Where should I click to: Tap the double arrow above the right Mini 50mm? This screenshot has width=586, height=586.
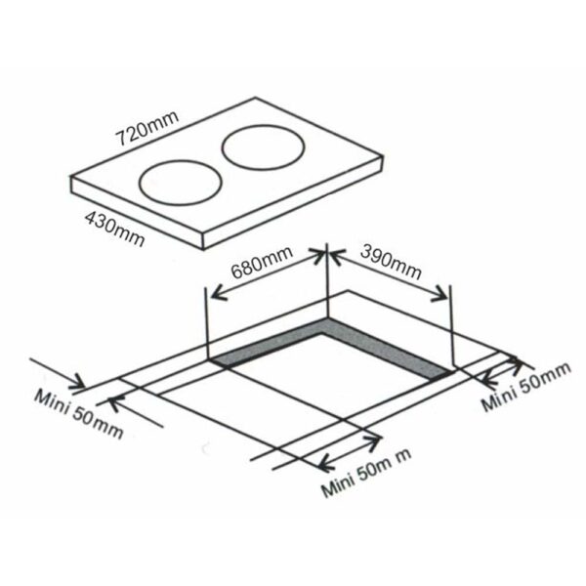coord(502,369)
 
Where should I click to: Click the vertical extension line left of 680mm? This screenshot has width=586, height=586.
coord(208,322)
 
